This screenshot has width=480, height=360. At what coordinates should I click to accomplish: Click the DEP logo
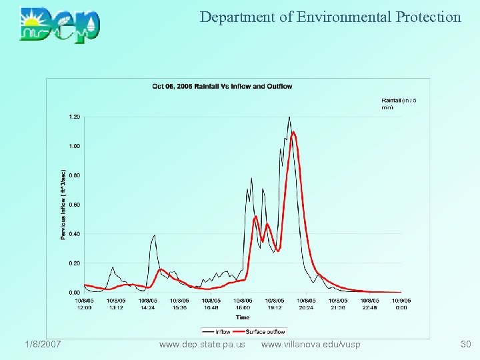[60, 25]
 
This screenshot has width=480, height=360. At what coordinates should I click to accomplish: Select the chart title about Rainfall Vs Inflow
[222, 86]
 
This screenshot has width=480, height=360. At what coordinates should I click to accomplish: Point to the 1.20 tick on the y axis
[74, 117]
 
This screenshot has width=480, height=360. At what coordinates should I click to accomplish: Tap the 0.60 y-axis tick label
[74, 205]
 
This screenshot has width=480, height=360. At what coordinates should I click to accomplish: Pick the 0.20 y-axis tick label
[74, 263]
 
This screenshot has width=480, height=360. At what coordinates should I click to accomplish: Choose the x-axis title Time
[242, 318]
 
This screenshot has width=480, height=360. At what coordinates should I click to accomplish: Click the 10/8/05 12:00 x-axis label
[85, 304]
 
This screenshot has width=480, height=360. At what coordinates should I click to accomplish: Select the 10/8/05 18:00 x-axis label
[242, 304]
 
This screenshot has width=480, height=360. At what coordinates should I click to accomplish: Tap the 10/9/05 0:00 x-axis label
[401, 304]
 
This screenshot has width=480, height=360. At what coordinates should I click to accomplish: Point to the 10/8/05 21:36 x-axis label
[337, 304]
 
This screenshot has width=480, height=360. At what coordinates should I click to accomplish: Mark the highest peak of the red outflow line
[293, 132]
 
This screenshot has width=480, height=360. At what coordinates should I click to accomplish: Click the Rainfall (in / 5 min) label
[399, 103]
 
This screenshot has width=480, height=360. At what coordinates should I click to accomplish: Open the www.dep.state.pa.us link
[202, 344]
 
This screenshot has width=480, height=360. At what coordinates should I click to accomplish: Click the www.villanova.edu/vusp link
[311, 344]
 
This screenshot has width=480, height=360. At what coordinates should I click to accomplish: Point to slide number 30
[465, 344]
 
